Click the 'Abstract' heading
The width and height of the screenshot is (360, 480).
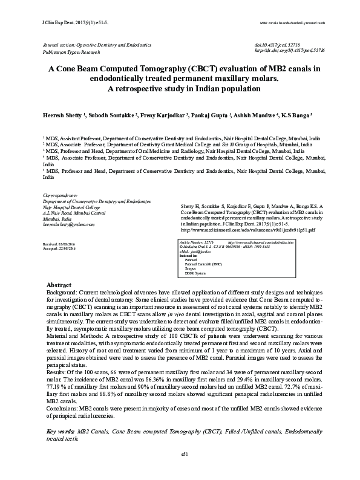tap(60, 285)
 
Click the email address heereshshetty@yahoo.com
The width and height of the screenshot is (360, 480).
tap(69, 224)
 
